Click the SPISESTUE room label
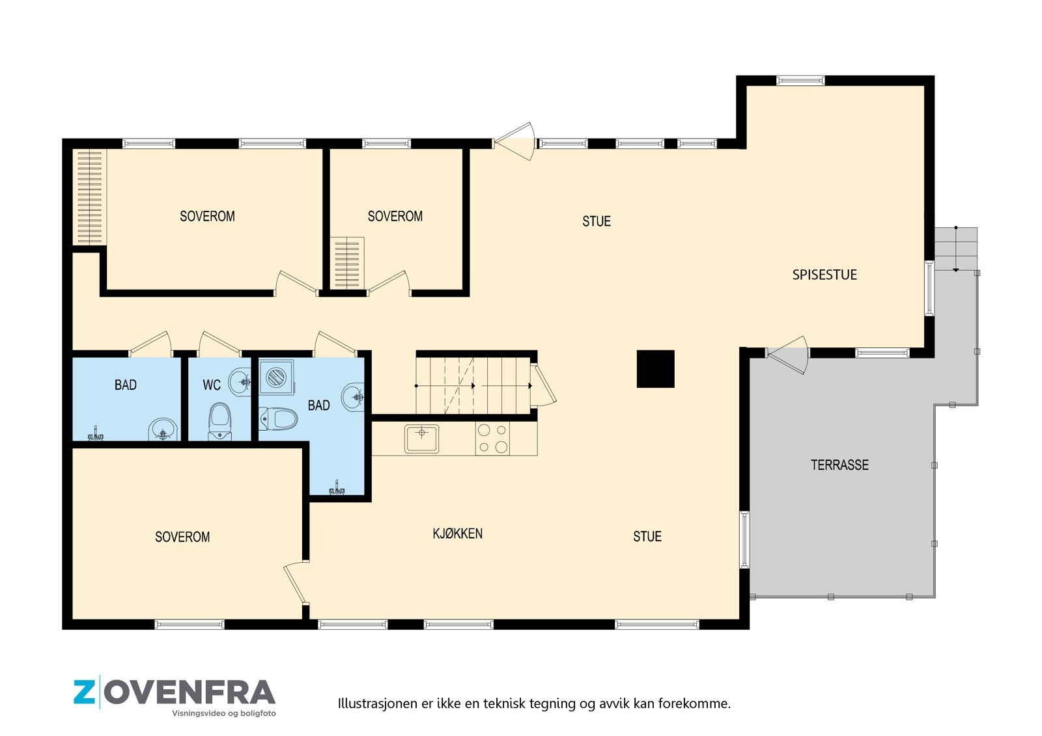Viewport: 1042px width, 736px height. [x=824, y=275]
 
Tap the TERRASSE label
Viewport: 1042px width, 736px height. [x=839, y=465]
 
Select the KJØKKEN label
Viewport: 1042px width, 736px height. [x=457, y=534]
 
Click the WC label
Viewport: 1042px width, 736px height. [x=211, y=385]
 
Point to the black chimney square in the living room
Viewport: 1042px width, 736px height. [x=655, y=369]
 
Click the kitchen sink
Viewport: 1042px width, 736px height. [x=421, y=438]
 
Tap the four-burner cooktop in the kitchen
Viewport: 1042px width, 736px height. [x=492, y=438]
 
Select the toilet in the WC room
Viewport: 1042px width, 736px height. [x=220, y=420]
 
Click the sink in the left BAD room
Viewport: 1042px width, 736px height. [x=162, y=429]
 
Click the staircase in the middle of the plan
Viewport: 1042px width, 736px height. [x=474, y=385]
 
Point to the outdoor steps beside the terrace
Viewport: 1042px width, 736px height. [x=955, y=249]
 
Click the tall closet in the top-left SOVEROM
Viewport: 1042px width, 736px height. [x=89, y=197]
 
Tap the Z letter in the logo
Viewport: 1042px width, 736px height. [x=84, y=692]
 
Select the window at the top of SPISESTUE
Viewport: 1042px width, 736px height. [x=800, y=81]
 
